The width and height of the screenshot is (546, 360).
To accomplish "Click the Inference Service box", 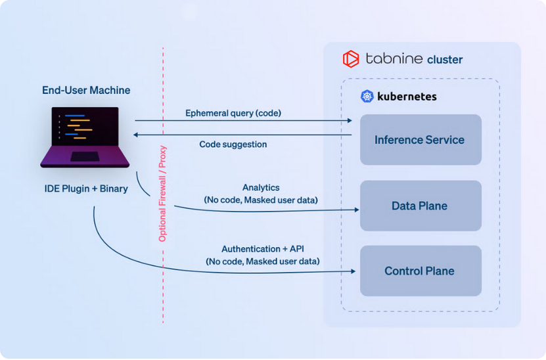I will tap(421, 140).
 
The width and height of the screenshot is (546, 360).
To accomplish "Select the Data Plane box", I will tap(421, 206).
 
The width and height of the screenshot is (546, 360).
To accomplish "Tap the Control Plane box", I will tap(421, 271).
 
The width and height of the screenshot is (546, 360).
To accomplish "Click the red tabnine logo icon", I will tap(351, 59).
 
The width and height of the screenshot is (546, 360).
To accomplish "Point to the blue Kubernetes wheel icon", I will tap(367, 97).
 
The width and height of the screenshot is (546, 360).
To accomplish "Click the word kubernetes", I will tap(407, 97).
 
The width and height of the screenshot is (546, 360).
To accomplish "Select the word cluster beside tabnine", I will tap(445, 60).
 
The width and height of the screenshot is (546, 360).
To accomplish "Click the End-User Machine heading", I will tap(86, 90).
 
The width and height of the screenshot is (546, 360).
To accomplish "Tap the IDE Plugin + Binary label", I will tap(86, 189).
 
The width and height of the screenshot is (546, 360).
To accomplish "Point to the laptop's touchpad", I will tap(85, 157).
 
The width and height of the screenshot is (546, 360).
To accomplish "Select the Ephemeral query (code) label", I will tap(233, 113).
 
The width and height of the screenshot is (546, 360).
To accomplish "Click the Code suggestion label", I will tap(233, 144).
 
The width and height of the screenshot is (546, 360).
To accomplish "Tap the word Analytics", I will tap(261, 188).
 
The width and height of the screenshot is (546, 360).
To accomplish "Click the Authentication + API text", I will tap(263, 249).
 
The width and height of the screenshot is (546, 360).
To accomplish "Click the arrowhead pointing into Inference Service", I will tap(350, 120).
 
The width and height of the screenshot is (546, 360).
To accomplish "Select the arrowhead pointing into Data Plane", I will tap(357, 210).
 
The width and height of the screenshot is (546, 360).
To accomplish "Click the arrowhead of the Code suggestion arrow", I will tap(137, 135).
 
